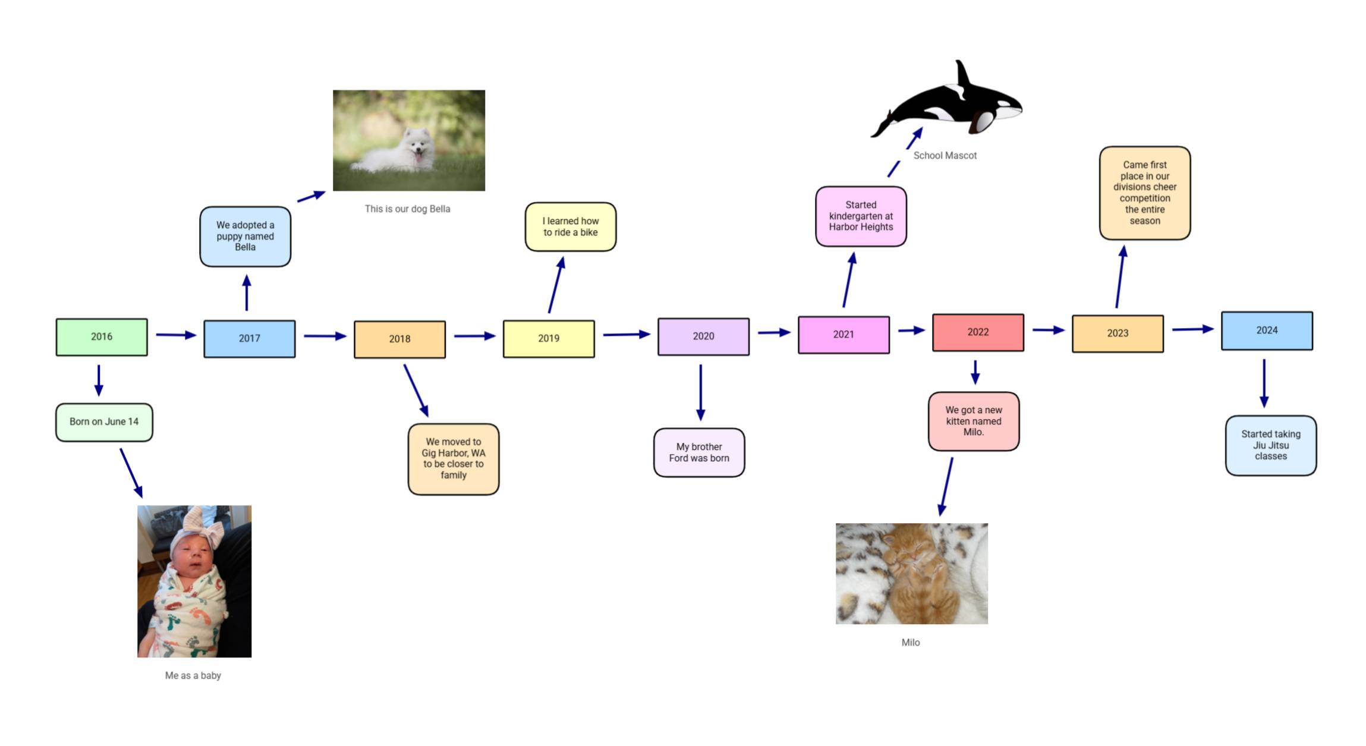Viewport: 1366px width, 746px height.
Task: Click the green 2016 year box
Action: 102,337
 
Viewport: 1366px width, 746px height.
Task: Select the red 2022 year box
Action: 978,332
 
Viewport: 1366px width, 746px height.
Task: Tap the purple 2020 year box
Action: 703,336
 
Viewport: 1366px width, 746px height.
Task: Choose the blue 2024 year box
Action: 1267,330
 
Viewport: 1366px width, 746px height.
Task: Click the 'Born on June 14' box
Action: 104,422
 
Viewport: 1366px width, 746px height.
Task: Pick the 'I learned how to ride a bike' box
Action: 571,226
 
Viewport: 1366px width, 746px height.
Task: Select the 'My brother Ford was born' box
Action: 699,452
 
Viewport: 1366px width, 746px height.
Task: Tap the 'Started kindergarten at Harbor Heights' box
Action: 861,216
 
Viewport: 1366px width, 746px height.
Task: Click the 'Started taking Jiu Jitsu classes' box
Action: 1271,445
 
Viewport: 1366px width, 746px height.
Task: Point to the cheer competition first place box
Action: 1145,193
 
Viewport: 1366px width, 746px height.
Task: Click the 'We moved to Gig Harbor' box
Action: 454,459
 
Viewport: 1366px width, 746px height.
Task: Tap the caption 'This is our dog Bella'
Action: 407,209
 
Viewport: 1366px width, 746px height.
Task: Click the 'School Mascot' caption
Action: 945,155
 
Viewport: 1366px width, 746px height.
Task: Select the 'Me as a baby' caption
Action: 193,675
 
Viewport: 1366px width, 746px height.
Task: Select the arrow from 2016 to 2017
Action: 176,335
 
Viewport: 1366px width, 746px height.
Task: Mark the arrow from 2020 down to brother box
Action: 701,392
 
